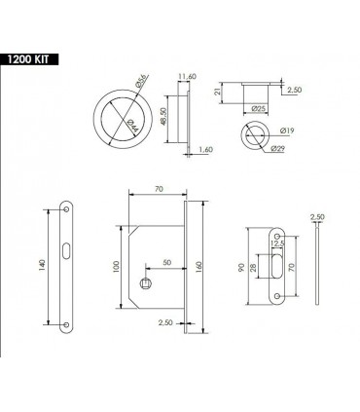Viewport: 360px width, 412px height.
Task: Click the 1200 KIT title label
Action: point(30,58)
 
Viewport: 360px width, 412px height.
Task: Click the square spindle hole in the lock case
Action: point(143,283)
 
